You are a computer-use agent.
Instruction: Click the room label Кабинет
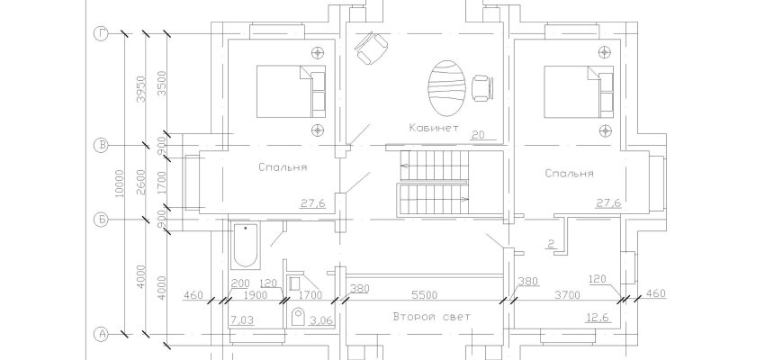tap(434, 127)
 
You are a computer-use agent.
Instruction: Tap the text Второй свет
tap(431, 317)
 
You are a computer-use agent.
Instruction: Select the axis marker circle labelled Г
tap(102, 34)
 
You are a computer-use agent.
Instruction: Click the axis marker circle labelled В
tap(102, 146)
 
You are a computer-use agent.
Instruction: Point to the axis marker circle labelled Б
tap(102, 220)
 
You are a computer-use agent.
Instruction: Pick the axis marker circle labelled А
tap(102, 333)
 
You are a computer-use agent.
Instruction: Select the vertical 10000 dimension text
tap(119, 184)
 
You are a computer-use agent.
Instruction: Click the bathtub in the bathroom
tap(245, 246)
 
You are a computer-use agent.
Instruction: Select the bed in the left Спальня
tap(291, 92)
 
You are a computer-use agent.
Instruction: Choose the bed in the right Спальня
tap(579, 92)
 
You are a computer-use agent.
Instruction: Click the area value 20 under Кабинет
tap(477, 134)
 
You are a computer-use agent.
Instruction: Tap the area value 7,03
tap(242, 319)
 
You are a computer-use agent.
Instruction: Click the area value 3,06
tap(320, 319)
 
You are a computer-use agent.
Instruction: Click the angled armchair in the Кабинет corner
tap(372, 48)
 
